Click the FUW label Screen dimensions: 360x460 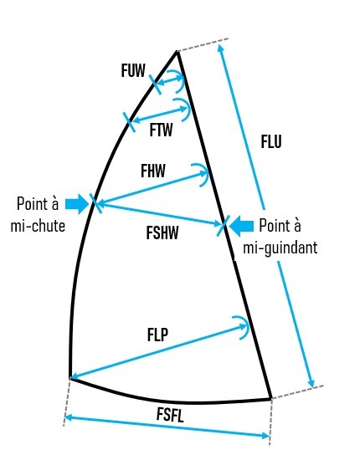(x=133, y=71)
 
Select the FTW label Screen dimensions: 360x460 (x=162, y=130)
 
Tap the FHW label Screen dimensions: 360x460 (x=153, y=171)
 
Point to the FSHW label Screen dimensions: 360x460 (x=162, y=233)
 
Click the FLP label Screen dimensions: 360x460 (x=157, y=335)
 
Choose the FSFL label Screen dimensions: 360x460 (x=170, y=415)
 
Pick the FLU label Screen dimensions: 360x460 (x=271, y=141)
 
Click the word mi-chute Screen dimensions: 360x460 (x=38, y=226)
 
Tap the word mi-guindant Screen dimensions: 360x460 (x=280, y=248)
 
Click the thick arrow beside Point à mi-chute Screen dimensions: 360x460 (x=77, y=203)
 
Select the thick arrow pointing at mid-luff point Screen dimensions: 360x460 (x=241, y=226)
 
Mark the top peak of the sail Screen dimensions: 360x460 (x=177, y=51)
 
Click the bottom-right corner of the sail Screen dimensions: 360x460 (x=270, y=399)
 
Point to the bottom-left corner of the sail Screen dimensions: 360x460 (x=70, y=378)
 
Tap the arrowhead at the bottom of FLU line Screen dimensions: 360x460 (x=311, y=384)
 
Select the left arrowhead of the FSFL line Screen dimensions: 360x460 (x=68, y=417)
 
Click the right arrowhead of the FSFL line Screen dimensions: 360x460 (x=265, y=436)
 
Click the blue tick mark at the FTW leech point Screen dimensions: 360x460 (x=130, y=122)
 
